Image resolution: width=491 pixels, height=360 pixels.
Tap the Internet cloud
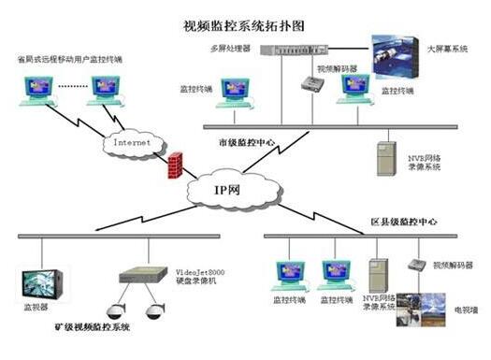130,144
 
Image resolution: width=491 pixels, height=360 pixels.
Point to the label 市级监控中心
244,142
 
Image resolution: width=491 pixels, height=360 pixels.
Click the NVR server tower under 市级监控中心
385,158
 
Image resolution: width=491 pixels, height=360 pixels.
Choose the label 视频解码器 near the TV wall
453,265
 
